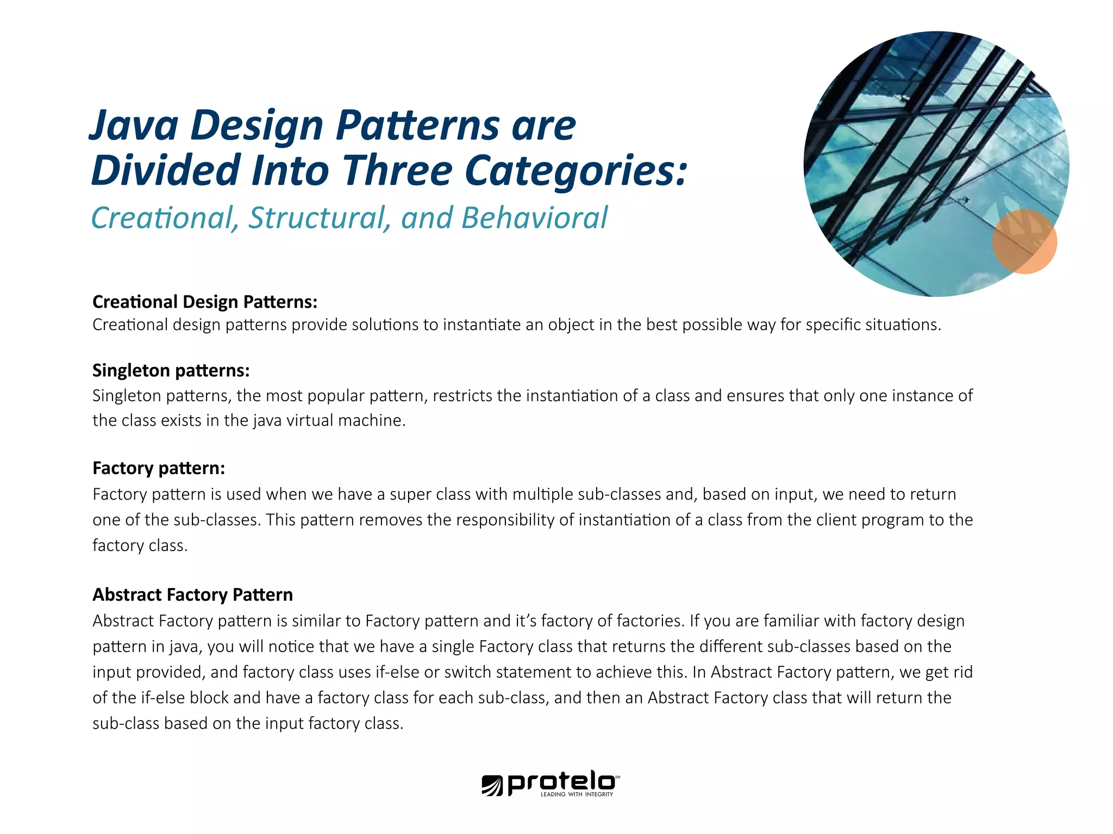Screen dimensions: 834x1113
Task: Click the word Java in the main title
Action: (x=134, y=126)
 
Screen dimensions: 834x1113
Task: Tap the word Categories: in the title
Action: (x=576, y=170)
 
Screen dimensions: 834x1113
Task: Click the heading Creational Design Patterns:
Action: (x=205, y=302)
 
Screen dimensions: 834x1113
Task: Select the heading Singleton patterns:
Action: (x=171, y=370)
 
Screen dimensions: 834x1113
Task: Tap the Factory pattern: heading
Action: (x=159, y=468)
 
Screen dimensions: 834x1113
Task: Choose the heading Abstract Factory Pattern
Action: (x=192, y=595)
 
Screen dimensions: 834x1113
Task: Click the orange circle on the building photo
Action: (x=1024, y=242)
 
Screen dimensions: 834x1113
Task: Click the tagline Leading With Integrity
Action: (x=577, y=794)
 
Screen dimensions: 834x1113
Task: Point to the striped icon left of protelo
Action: (x=492, y=785)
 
